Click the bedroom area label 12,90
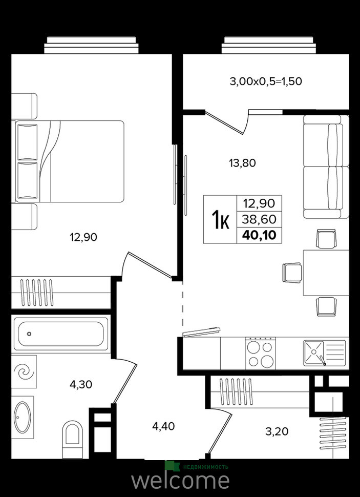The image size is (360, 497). [x=83, y=237]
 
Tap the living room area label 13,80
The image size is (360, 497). [x=242, y=163]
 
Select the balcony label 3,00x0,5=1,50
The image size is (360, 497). [x=266, y=81]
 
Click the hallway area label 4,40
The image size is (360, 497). [x=163, y=426]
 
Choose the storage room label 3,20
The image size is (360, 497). [x=277, y=431]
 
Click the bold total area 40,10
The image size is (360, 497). [x=259, y=235]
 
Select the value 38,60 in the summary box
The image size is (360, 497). [x=259, y=219]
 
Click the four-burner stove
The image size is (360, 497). [x=261, y=353]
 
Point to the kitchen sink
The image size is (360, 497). [x=324, y=353]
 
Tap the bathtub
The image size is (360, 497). [x=61, y=334]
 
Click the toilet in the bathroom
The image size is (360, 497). [x=73, y=439]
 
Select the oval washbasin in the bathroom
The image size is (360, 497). [x=23, y=417]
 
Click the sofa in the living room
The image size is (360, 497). [x=326, y=167]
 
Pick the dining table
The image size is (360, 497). [x=326, y=273]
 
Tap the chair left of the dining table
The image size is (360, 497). [x=292, y=273]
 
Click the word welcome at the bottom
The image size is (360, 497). [x=181, y=481]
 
